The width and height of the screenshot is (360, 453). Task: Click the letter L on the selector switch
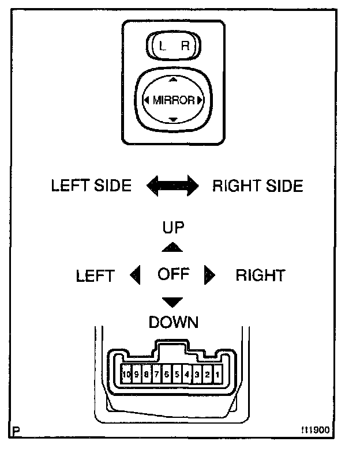pos(162,47)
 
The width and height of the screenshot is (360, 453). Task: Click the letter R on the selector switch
pos(185,47)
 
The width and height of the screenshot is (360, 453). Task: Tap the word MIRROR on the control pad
pos(173,100)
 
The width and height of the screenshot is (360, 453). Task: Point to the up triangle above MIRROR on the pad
pos(173,78)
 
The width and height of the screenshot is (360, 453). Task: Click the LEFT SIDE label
pos(91,186)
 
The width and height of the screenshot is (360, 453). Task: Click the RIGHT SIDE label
pos(257,186)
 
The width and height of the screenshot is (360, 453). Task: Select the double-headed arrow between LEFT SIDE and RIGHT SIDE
pos(172,186)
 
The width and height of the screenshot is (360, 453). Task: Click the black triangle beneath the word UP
pos(172,248)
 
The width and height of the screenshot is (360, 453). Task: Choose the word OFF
pos(173,274)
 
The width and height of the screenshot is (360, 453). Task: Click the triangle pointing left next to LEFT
pos(136,275)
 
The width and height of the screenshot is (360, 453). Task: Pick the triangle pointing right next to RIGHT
pos(209,275)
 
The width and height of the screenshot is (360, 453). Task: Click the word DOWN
pos(173,322)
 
